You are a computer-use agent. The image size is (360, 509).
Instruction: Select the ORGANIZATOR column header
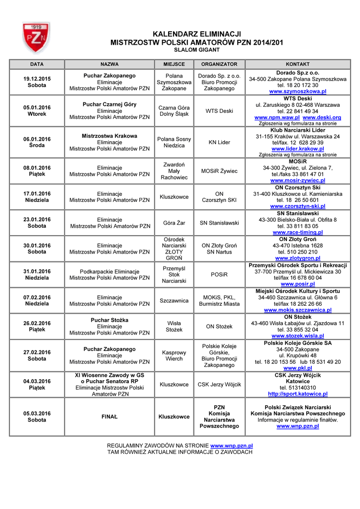pos(219,65)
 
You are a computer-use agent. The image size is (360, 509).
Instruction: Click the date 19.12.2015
pos(37,79)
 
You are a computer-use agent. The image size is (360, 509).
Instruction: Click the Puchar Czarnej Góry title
pos(109,104)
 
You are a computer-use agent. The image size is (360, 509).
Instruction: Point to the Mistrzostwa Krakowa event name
pos(109,136)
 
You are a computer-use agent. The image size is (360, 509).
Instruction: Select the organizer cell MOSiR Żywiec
pos(219,171)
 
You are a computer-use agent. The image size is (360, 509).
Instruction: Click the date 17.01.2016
pos(37,193)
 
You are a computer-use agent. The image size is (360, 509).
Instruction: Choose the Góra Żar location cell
pos(174,223)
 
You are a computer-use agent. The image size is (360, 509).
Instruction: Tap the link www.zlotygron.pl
pos(297,258)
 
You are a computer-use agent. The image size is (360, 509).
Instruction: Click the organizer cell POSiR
pos(219,274)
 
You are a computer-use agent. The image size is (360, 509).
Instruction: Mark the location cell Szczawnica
pos(174,300)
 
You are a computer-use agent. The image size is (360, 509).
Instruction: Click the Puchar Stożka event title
pos(109,320)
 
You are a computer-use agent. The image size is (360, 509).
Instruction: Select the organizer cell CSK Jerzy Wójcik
pos(219,384)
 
